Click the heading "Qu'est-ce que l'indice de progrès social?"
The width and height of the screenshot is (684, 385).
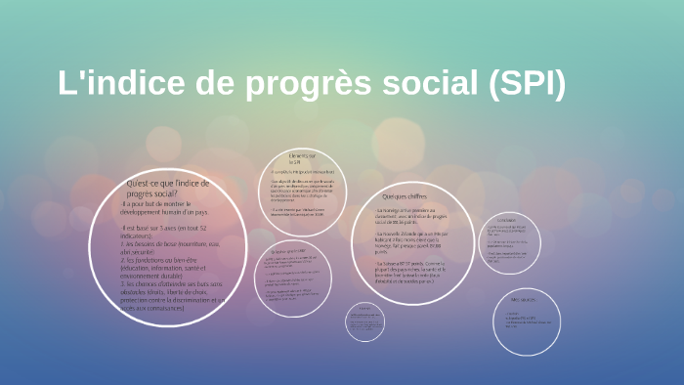tap(168, 188)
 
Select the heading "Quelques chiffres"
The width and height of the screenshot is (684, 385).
tap(405, 197)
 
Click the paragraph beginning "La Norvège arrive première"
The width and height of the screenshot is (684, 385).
tap(406, 215)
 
